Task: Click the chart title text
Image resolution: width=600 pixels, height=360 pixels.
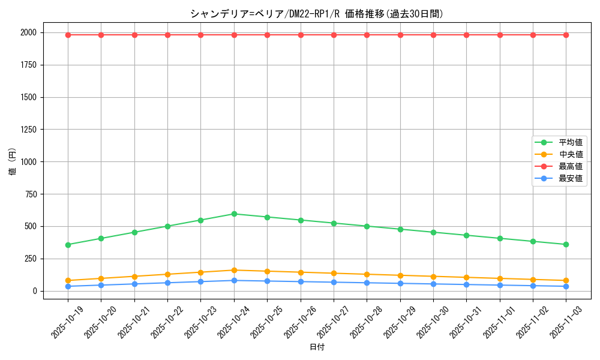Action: (x=317, y=13)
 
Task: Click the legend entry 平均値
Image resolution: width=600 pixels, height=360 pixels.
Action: (x=570, y=143)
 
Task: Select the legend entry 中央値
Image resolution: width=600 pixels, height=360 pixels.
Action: (x=570, y=155)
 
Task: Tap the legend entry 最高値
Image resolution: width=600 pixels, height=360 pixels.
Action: (x=570, y=166)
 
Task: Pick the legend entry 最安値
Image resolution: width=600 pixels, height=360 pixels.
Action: (x=570, y=178)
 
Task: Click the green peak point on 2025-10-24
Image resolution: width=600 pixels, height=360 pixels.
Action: (x=234, y=214)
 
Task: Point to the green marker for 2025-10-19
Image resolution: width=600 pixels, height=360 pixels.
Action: (x=68, y=245)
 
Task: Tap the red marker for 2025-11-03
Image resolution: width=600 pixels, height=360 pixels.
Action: (x=566, y=35)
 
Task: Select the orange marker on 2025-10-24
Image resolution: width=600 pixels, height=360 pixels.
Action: (x=234, y=270)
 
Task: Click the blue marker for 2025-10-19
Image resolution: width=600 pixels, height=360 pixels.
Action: (x=68, y=286)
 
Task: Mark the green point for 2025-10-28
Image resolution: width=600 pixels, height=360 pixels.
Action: (x=367, y=226)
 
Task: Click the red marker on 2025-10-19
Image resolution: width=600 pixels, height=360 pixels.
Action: (x=68, y=35)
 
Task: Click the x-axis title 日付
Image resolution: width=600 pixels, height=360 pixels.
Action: (x=317, y=347)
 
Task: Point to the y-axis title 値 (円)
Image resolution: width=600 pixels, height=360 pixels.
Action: (x=13, y=162)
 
